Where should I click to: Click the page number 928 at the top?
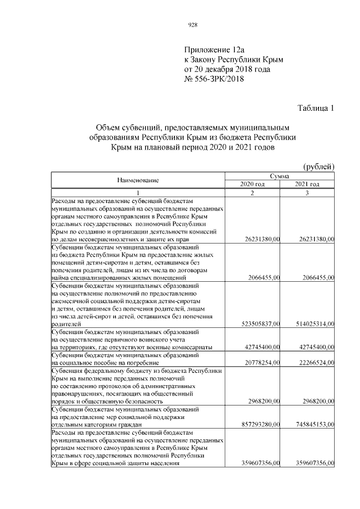(x=192, y=24)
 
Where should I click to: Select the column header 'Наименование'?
(x=138, y=180)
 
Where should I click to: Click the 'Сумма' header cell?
(x=280, y=176)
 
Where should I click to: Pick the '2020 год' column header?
(x=252, y=184)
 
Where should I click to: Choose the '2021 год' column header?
(x=307, y=184)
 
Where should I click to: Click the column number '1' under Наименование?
(x=138, y=193)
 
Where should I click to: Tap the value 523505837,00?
(x=256, y=324)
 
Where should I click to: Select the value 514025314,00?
(x=312, y=324)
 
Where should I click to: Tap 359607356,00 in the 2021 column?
(x=312, y=463)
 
